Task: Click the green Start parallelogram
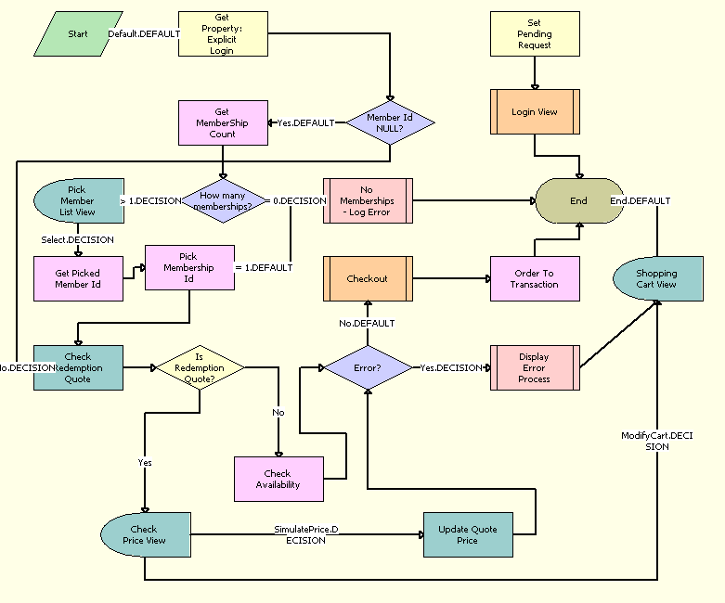tap(77, 34)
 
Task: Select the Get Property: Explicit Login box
tap(223, 34)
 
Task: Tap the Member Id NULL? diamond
tap(390, 122)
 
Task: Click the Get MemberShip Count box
tap(223, 122)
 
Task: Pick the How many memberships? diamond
tap(223, 200)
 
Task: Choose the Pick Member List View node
tap(78, 200)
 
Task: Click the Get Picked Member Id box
tap(78, 278)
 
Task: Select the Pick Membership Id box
tap(189, 268)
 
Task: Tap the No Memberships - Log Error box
tap(368, 200)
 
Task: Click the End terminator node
tap(578, 200)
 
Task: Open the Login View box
tap(535, 112)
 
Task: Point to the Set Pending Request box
tap(535, 34)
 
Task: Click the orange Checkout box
tap(368, 278)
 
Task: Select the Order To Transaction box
tap(535, 278)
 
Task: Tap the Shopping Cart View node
tap(657, 278)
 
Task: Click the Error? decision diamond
tap(368, 367)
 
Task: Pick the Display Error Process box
tap(535, 367)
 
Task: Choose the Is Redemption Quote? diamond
tap(200, 367)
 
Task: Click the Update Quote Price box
tap(468, 534)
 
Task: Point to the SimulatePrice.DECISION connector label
tap(306, 534)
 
